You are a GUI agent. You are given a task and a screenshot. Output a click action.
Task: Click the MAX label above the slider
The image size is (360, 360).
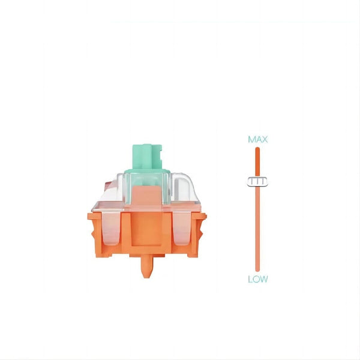pyautogui.click(x=257, y=139)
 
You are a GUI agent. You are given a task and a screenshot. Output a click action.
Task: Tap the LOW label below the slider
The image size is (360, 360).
pyautogui.click(x=257, y=279)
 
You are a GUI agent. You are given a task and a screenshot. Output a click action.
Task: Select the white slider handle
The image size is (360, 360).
pyautogui.click(x=257, y=181)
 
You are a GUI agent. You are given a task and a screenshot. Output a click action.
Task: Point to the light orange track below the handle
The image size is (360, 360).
pyautogui.click(x=257, y=228)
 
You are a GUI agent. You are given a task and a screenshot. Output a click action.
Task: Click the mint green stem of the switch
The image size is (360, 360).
pyautogui.click(x=148, y=155)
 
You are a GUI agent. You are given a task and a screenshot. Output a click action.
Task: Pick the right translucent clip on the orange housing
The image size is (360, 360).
pyautogui.click(x=183, y=231)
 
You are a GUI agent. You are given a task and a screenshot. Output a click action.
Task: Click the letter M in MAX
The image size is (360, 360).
pyautogui.click(x=252, y=139)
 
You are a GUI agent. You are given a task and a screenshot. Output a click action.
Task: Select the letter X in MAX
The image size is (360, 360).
pyautogui.click(x=264, y=139)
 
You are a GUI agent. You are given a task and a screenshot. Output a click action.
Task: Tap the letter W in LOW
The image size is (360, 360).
pyautogui.click(x=263, y=279)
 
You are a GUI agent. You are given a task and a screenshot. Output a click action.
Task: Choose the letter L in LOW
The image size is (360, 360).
pyautogui.click(x=250, y=279)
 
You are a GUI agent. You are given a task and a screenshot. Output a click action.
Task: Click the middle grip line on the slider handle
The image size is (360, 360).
pyautogui.click(x=257, y=181)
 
